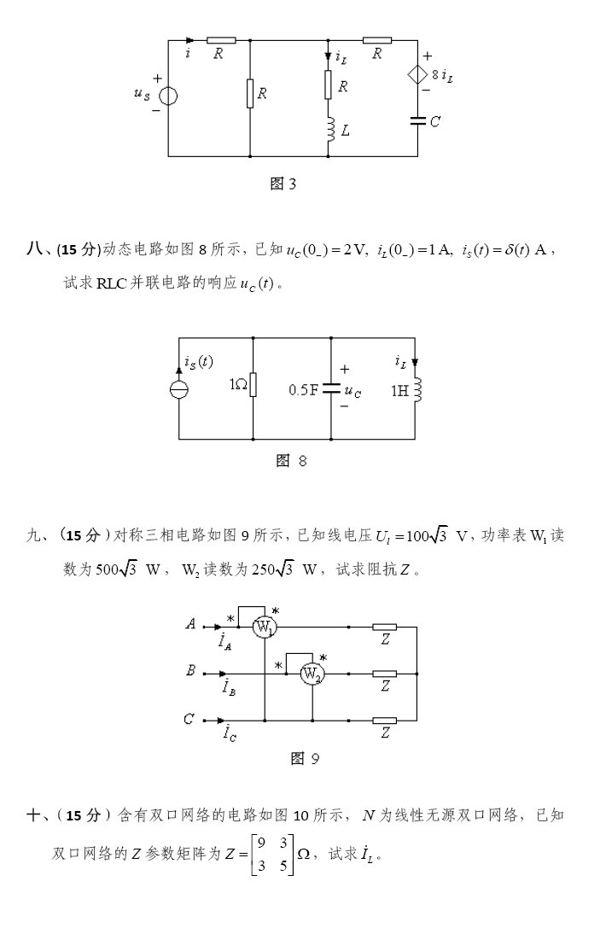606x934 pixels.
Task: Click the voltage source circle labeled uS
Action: pos(168,95)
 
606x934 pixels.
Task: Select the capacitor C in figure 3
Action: pos(417,121)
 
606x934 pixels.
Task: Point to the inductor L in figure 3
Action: pos(329,131)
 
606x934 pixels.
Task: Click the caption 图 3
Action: pos(283,184)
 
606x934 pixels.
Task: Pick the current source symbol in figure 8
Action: pos(179,389)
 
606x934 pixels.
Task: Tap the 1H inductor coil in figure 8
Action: pos(416,390)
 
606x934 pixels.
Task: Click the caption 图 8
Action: pos(291,461)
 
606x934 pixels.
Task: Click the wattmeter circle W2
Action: pos(312,674)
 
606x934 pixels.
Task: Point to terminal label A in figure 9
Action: pos(191,624)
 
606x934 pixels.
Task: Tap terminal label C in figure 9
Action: pos(189,719)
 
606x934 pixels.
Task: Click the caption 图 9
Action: pos(305,758)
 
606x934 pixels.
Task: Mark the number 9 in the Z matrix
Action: pos(261,841)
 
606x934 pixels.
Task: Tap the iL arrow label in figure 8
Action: pos(400,362)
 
